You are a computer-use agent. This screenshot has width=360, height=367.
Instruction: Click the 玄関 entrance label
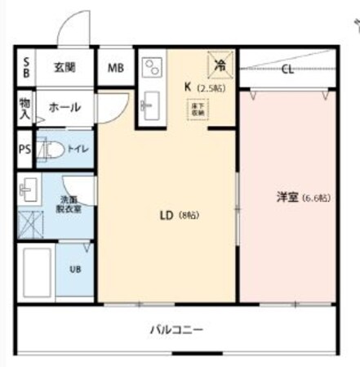(x=64, y=67)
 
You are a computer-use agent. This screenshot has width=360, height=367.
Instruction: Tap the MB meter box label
(x=115, y=68)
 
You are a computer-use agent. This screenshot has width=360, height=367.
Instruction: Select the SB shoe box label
(x=24, y=67)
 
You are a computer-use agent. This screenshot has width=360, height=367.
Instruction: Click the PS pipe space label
(x=24, y=150)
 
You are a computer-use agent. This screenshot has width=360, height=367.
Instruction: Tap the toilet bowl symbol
(x=51, y=150)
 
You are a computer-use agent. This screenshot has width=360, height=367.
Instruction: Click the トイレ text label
(x=78, y=150)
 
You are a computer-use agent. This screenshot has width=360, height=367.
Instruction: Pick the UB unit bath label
(x=73, y=269)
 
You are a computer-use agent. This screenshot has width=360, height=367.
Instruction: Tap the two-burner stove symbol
(x=152, y=68)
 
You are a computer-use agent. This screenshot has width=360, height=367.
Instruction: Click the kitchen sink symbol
(x=150, y=105)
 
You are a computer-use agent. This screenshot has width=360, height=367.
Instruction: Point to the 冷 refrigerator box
(x=218, y=63)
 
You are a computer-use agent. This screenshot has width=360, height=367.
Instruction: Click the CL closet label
(x=287, y=69)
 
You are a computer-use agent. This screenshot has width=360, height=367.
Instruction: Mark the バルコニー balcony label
(x=176, y=331)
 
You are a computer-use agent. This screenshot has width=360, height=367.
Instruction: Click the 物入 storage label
(x=24, y=108)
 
